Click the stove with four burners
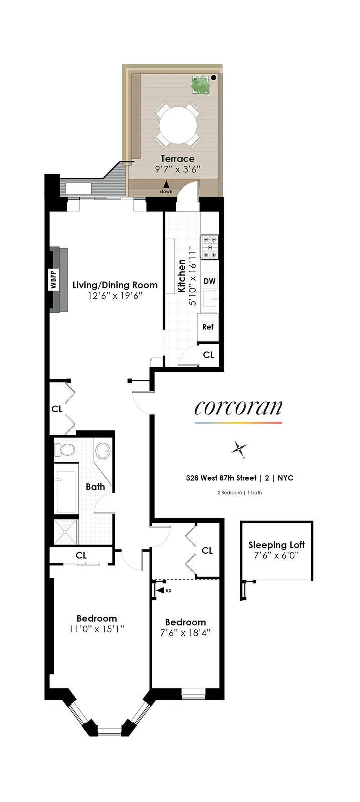[210, 247]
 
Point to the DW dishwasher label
[209, 281]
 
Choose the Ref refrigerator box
[208, 327]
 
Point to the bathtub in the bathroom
[66, 489]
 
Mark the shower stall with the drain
[66, 532]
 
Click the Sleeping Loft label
[276, 545]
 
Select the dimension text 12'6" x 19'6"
[115, 296]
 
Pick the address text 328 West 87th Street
[221, 478]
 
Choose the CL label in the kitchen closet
[208, 355]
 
